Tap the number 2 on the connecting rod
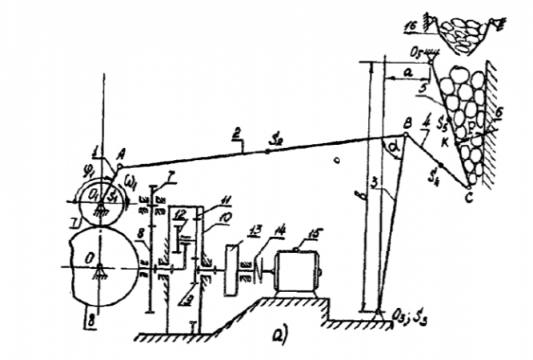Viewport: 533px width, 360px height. (x=236, y=139)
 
